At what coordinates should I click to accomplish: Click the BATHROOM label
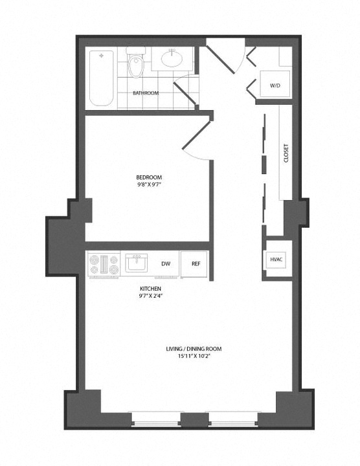[x=146, y=93]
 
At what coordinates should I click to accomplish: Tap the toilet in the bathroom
[x=136, y=62]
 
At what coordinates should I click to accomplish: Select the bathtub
[x=102, y=78]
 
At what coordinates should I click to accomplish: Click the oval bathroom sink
[x=172, y=58]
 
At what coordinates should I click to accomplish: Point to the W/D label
[x=275, y=85]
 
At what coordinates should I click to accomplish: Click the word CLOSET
[x=286, y=153]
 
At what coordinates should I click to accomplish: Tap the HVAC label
[x=276, y=259]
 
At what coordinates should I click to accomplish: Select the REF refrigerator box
[x=195, y=264]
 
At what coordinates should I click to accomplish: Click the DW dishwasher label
[x=166, y=263]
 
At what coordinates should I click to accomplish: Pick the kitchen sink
[x=136, y=263]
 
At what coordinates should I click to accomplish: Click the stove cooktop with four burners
[x=104, y=264]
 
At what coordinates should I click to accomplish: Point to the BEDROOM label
[x=149, y=177]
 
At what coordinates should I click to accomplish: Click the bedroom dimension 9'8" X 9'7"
[x=149, y=184]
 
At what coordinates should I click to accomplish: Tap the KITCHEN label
[x=150, y=289]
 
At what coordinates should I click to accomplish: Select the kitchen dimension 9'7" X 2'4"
[x=150, y=296]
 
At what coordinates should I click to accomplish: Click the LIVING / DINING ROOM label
[x=194, y=349]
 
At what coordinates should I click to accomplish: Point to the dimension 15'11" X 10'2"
[x=194, y=356]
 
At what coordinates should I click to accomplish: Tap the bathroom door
[x=185, y=92]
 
